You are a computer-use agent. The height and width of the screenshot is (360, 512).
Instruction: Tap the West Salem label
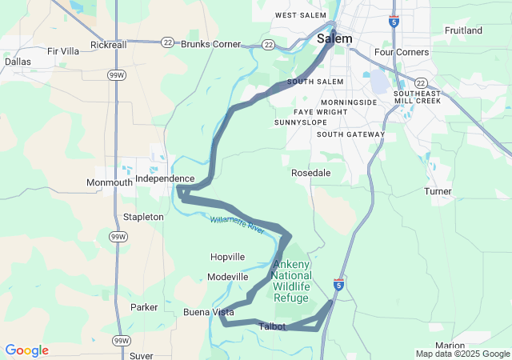point(302,15)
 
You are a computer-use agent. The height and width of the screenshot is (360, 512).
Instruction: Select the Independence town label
point(164,178)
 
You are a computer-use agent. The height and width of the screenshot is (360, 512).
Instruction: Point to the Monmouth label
point(110,182)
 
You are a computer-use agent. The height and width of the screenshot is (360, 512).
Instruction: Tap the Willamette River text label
point(238,224)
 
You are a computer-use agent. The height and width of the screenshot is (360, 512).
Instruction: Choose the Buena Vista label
point(208,312)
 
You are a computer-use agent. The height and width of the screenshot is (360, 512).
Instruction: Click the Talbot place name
point(272,326)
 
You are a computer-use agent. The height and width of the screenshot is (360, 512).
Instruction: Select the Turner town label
point(438,191)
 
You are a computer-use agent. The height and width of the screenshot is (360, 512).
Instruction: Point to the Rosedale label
point(310,173)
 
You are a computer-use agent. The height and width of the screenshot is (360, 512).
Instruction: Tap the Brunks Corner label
point(211,44)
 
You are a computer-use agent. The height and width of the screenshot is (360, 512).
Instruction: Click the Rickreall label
point(109,45)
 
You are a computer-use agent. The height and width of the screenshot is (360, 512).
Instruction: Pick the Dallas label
point(18,61)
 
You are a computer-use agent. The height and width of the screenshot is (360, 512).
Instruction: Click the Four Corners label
point(402,52)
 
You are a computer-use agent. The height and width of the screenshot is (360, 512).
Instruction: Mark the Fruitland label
point(464,30)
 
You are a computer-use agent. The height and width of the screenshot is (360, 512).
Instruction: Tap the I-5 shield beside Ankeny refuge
point(339,284)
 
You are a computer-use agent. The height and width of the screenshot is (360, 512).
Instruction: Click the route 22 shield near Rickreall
point(166,42)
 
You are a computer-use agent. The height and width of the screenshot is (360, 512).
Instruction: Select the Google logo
point(26,350)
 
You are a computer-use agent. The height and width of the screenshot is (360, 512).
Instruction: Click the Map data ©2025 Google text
point(462,354)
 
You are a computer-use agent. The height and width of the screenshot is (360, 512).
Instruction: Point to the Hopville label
point(227,257)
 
